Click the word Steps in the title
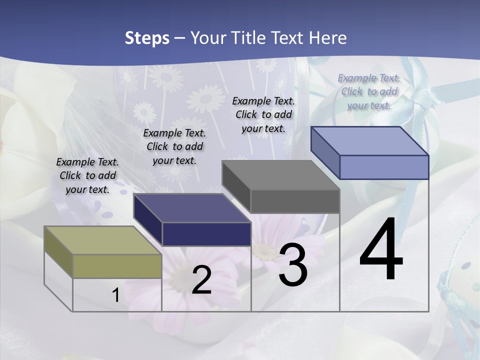coord(147,38)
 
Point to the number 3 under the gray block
coord(293,265)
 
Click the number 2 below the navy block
coord(201,280)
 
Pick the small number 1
coord(115,295)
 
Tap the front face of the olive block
coord(117,266)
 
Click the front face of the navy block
coord(206,234)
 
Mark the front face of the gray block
coord(295,201)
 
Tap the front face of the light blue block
coord(384,167)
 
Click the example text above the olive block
coord(87,176)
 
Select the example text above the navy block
coord(174,146)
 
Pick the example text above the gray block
coord(263,114)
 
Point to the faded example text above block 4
coord(369,91)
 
